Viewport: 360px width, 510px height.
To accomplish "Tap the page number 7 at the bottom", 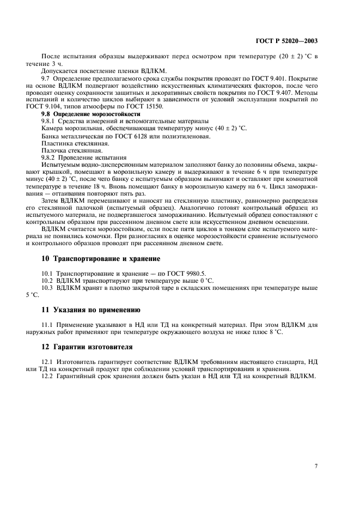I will pyautogui.click(x=316, y=466).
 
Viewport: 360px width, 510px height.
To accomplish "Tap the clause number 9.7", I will pyautogui.click(x=46, y=78).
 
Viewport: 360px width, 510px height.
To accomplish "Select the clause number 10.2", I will pyautogui.click(x=47, y=280).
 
